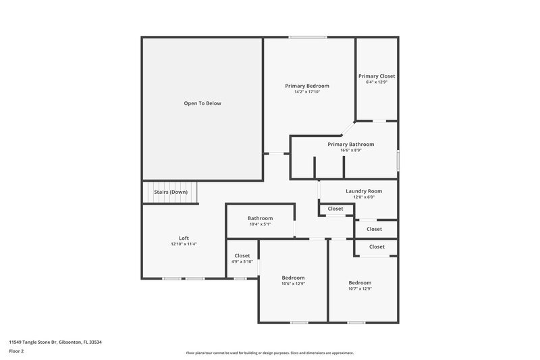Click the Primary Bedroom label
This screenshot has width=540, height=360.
coord(306,86)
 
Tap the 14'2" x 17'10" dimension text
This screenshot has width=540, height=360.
coord(306,92)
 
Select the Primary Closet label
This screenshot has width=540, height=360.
coord(377,76)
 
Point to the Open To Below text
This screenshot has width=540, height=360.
coord(202,103)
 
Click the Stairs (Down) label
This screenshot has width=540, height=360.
coord(171,192)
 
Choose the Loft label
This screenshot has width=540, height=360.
coord(184,238)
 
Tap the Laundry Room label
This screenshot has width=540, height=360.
coord(364,191)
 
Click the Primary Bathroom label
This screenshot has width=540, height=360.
coord(350,145)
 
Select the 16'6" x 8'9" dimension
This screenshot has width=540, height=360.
coord(350,151)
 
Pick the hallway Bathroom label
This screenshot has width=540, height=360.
coord(260,218)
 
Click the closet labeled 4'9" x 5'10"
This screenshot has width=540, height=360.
coord(242,256)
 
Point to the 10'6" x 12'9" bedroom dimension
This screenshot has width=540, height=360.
coord(293,284)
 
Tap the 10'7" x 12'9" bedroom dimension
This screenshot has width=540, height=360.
coord(360,288)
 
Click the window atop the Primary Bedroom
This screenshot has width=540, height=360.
coord(308,37)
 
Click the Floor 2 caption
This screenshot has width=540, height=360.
coord(16,351)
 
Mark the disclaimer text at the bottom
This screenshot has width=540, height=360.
coord(269,353)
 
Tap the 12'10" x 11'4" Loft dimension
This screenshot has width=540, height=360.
coord(184,244)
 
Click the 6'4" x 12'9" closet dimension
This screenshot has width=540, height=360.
coord(377,82)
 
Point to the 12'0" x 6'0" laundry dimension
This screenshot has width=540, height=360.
coord(364,197)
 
